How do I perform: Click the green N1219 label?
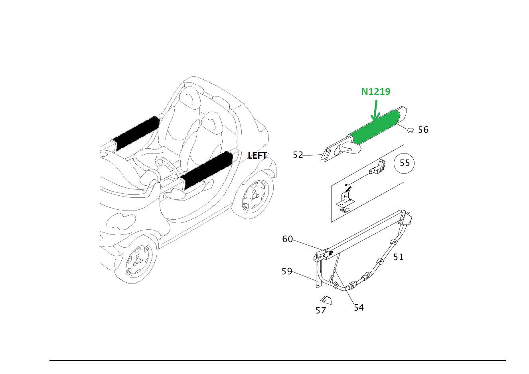(x=375, y=92)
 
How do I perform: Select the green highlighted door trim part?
(x=375, y=127)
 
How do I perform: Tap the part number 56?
(x=423, y=130)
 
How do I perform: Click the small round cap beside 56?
(x=410, y=130)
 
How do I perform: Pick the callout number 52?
(x=298, y=155)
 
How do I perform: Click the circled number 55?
(x=405, y=163)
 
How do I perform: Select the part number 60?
(x=288, y=239)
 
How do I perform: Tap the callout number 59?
(x=287, y=272)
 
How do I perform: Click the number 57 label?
(x=321, y=311)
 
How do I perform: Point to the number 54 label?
(x=359, y=307)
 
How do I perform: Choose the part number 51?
(x=399, y=257)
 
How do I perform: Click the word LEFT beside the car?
(x=257, y=156)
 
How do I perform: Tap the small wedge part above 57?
(x=326, y=300)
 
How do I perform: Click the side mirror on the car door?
(x=173, y=194)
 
